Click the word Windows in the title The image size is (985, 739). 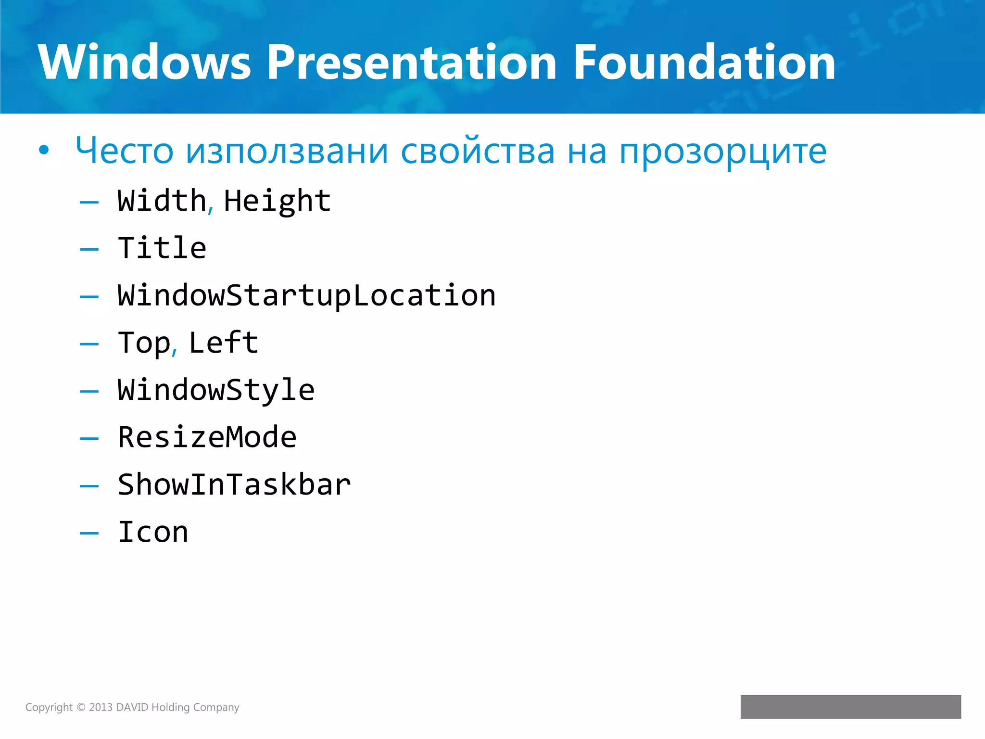[x=144, y=63]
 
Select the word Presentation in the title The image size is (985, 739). [x=411, y=63]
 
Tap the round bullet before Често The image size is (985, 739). [x=44, y=151]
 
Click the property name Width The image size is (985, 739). [x=162, y=201]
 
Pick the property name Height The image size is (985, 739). [x=278, y=201]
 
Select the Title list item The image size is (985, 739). [x=162, y=248]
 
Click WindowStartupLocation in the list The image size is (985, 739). [x=306, y=295]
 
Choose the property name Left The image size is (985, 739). [x=224, y=343]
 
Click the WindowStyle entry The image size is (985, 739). [x=216, y=390]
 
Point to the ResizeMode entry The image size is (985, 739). [x=207, y=437]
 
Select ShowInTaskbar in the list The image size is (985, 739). [x=234, y=484]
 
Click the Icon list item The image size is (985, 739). [x=153, y=532]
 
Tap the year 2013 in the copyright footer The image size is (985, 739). [x=101, y=707]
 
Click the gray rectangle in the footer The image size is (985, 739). [x=850, y=707]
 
